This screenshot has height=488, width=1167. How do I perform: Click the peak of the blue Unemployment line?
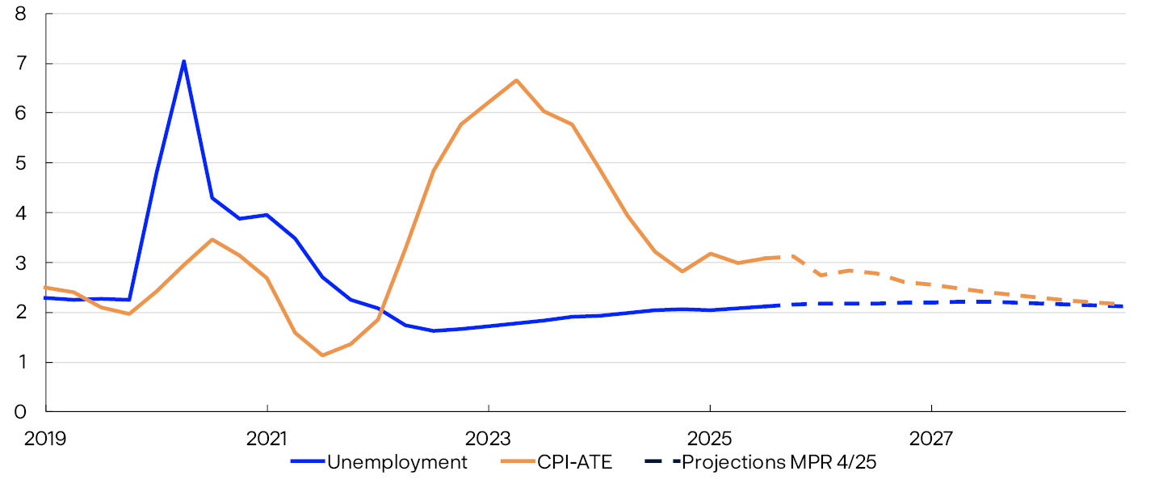pos(184,61)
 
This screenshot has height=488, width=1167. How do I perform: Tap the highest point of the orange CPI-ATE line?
pos(516,80)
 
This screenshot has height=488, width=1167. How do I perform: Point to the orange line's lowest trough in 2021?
pos(322,355)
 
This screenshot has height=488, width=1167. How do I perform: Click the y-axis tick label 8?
pos(21,14)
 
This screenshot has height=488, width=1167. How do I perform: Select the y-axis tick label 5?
pos(21,163)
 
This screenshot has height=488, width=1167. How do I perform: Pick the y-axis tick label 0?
pos(21,412)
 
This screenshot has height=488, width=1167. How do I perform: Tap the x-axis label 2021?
pos(267,439)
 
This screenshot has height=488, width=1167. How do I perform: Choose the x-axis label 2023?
pos(488,439)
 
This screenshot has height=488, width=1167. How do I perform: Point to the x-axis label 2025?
pos(709,439)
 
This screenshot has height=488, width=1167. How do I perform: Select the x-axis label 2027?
pos(930,439)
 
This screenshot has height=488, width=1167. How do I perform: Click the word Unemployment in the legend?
pos(397,462)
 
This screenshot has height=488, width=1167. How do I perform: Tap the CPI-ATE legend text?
pos(577,462)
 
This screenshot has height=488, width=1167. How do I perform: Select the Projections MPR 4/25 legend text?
pos(779,462)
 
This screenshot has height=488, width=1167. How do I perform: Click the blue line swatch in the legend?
pos(307,462)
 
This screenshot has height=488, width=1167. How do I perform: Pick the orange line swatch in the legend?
pos(518,462)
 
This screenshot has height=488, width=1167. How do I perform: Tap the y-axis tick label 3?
pos(21,263)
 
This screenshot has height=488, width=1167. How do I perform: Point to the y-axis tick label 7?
pos(21,64)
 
